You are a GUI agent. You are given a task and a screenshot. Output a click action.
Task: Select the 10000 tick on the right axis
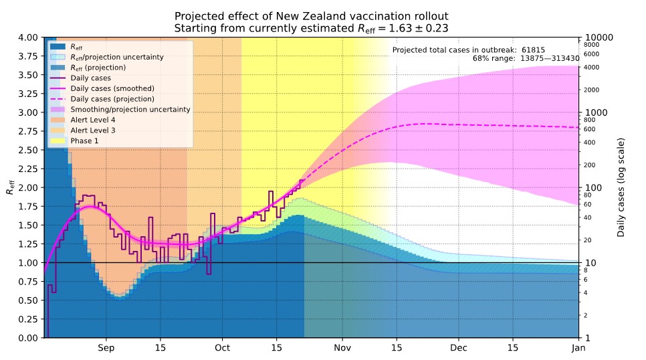click(601, 37)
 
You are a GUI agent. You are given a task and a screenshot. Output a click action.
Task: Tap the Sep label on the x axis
click(106, 349)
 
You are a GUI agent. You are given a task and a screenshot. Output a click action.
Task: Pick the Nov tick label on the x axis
click(342, 349)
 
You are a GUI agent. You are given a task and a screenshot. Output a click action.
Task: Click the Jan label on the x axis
click(579, 349)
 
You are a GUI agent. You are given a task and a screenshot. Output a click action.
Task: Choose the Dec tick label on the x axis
click(459, 349)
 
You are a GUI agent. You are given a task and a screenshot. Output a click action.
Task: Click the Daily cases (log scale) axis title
click(623, 187)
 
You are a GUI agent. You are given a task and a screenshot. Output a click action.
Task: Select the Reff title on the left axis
click(10, 187)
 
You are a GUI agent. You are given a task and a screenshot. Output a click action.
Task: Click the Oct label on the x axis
click(223, 349)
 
